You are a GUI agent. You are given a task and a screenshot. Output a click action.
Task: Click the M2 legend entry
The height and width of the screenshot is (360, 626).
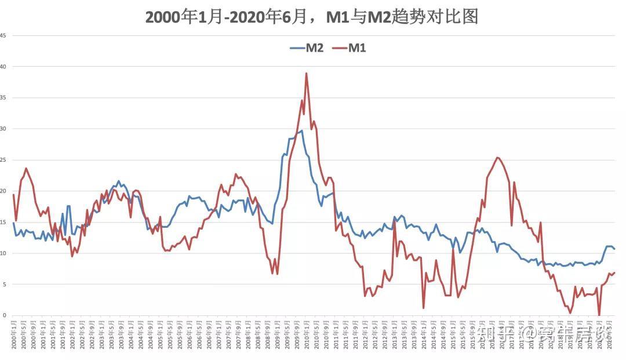[307, 48]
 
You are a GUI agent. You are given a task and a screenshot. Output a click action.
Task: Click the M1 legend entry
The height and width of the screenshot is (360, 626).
[349, 48]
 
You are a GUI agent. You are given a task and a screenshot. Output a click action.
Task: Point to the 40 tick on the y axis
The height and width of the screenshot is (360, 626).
[3, 67]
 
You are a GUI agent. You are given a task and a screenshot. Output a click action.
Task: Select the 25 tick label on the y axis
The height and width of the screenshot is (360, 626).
[3, 160]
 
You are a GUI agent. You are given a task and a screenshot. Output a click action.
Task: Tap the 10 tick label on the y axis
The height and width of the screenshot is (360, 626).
[3, 253]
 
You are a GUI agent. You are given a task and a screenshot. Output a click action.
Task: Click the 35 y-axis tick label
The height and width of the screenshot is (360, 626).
[3, 97]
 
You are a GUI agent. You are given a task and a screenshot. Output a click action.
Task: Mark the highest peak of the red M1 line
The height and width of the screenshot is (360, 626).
[306, 73]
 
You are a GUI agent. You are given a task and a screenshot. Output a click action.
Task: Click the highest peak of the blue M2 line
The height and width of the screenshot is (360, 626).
[301, 130]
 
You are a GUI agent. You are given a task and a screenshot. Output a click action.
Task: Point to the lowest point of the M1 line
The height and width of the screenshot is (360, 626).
[599, 315]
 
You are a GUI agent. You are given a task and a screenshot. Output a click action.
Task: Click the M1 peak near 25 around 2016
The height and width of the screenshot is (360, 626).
[497, 157]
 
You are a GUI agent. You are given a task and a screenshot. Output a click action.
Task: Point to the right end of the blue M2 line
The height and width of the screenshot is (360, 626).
[614, 249]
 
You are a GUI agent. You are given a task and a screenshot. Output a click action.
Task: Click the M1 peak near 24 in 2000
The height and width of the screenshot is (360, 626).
[26, 168]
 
